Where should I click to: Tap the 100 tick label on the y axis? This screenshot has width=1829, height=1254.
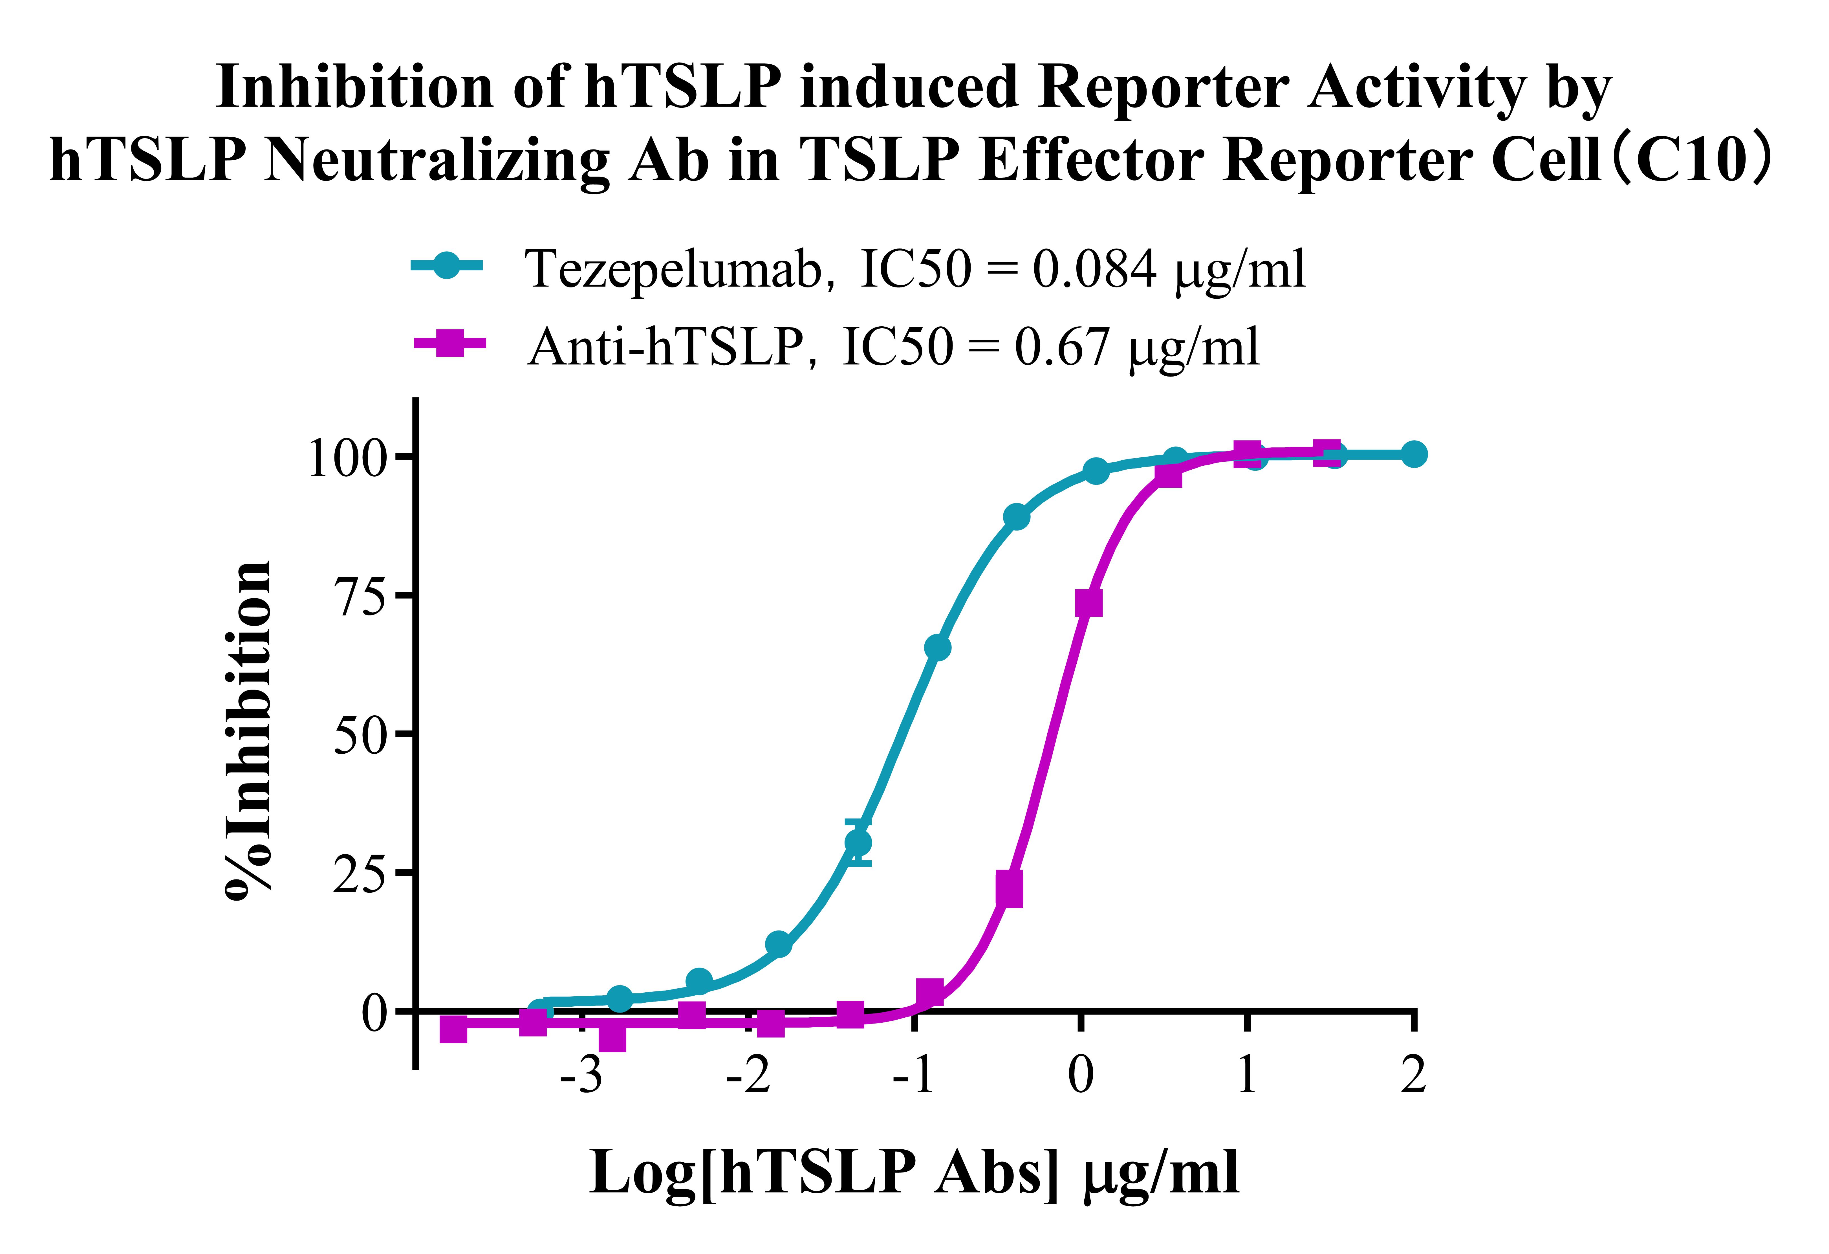click(347, 457)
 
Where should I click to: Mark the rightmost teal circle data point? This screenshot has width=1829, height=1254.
click(1413, 454)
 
